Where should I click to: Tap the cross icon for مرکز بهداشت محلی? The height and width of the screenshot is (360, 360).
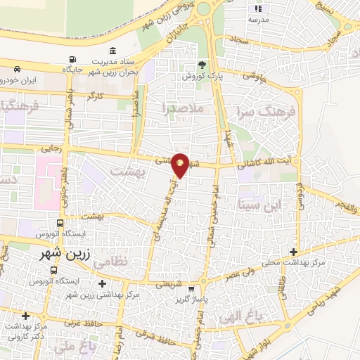click(294, 252)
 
